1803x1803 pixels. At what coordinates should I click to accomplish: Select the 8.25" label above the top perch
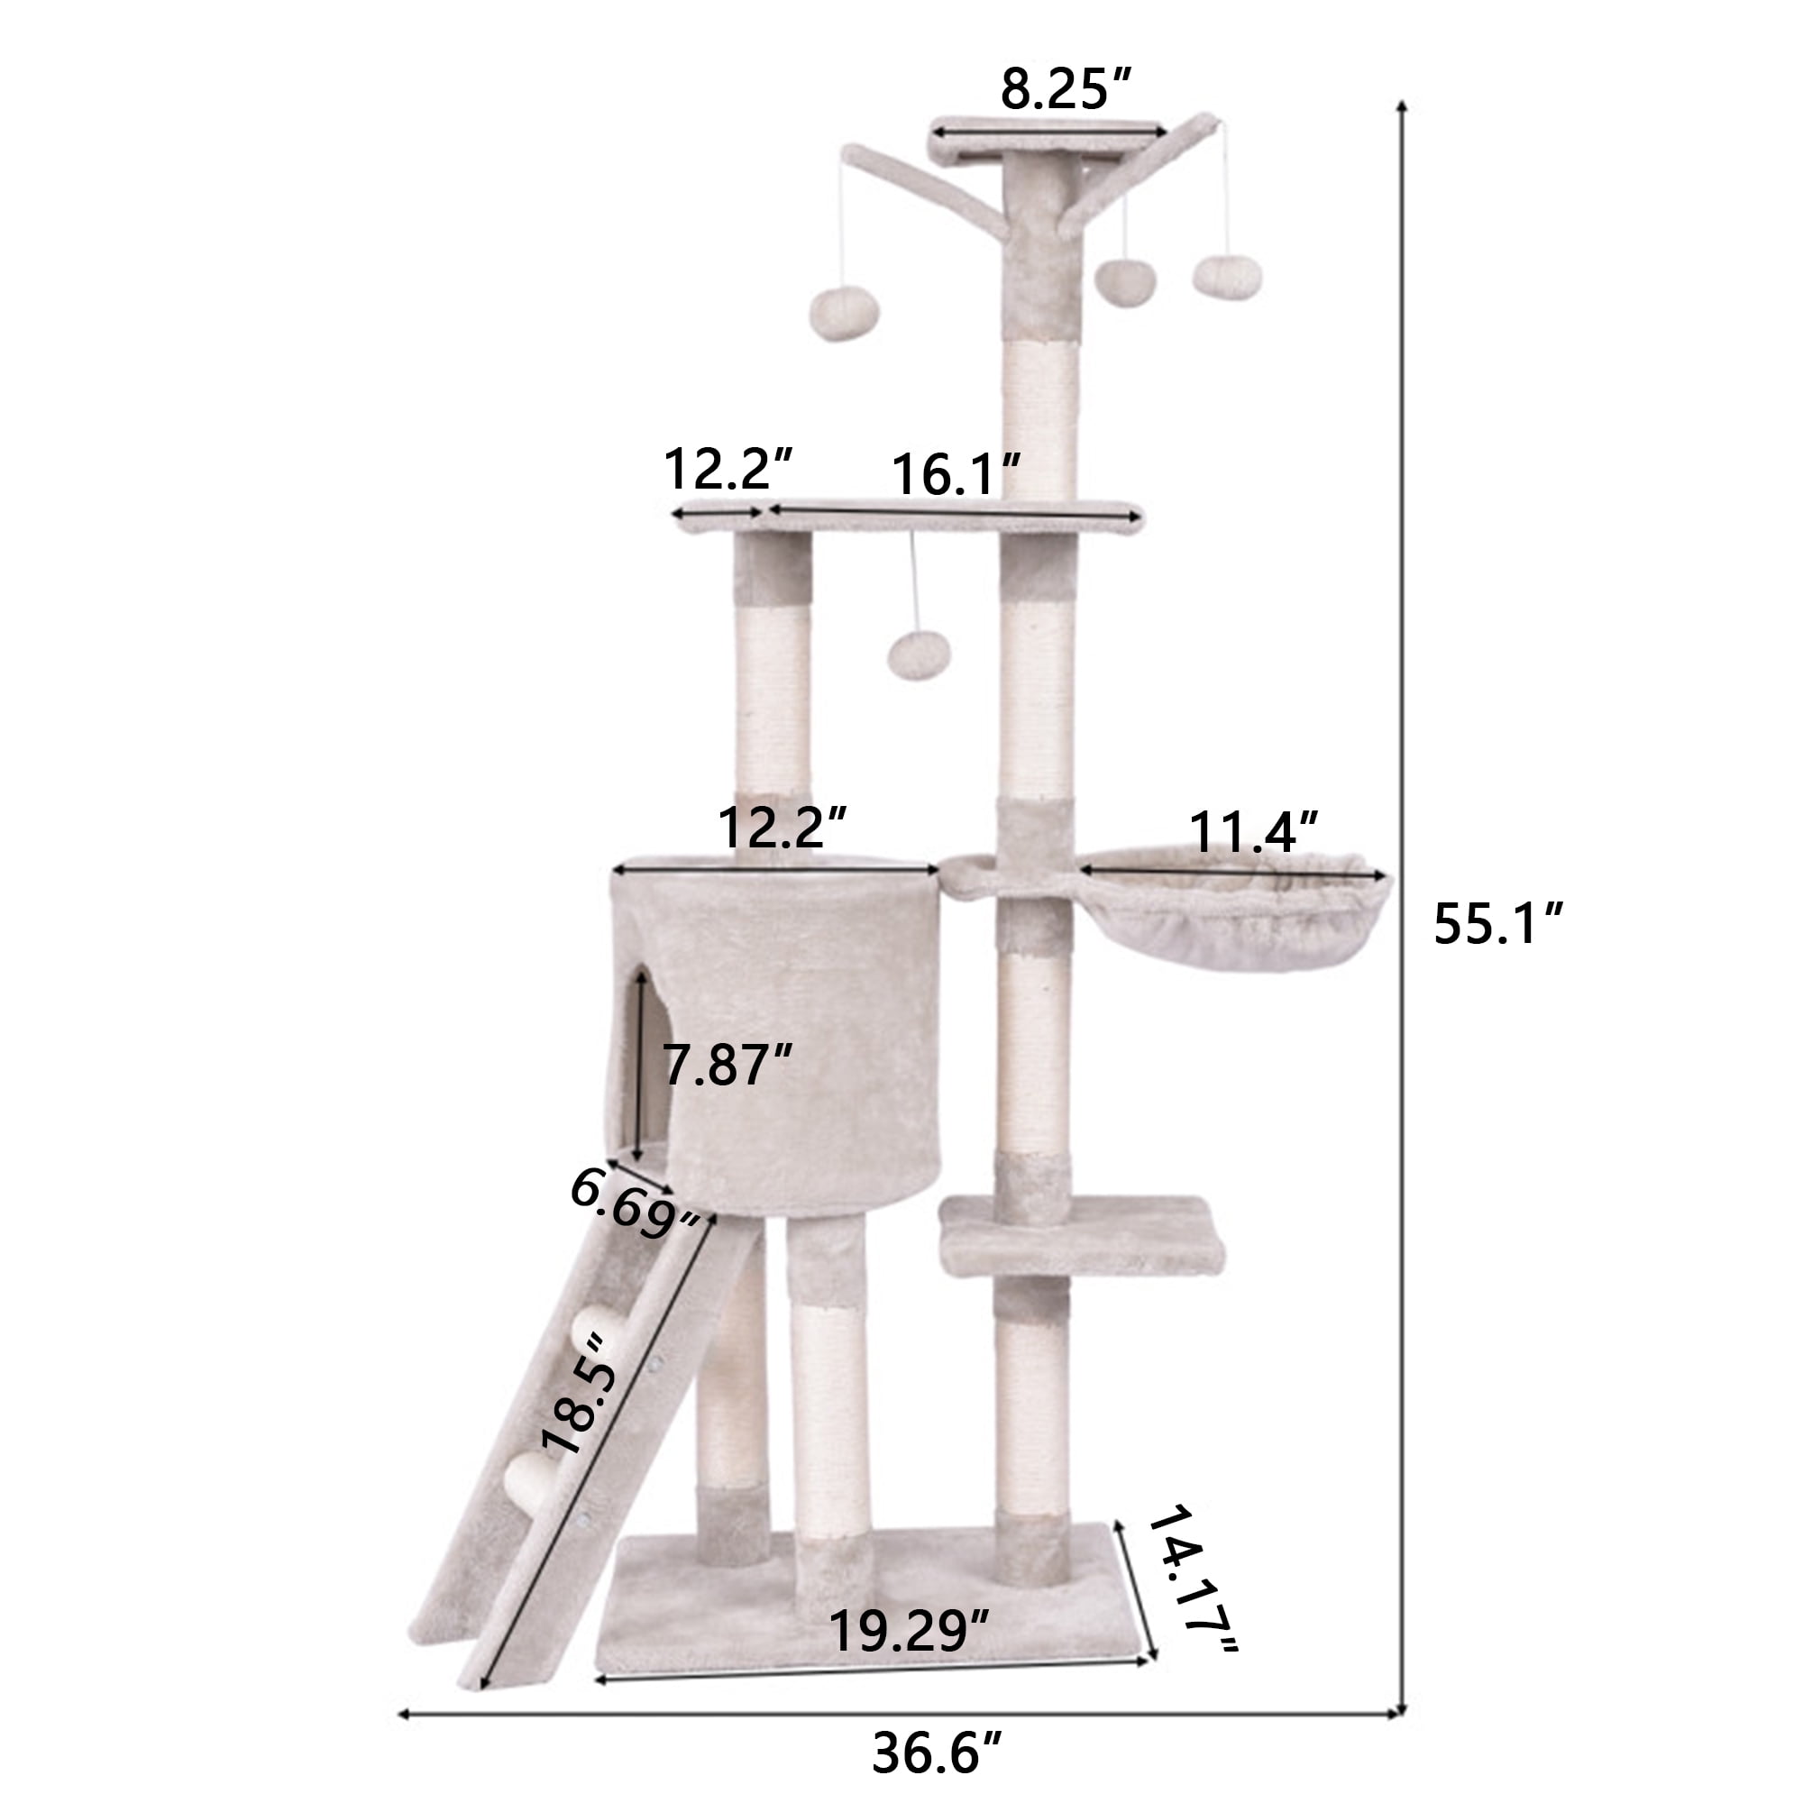(x=1066, y=89)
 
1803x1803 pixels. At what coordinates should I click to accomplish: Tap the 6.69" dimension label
(x=636, y=1204)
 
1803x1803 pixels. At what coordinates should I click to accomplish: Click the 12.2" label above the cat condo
(x=782, y=827)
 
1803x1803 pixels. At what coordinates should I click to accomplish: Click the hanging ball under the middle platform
(x=919, y=654)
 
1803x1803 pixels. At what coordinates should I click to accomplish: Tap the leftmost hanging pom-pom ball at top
(x=844, y=315)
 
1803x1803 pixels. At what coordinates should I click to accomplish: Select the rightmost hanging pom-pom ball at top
(x=1226, y=277)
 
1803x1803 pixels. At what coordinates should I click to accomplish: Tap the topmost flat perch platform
(x=1047, y=140)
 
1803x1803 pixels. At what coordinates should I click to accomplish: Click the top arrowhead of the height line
(x=1401, y=105)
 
